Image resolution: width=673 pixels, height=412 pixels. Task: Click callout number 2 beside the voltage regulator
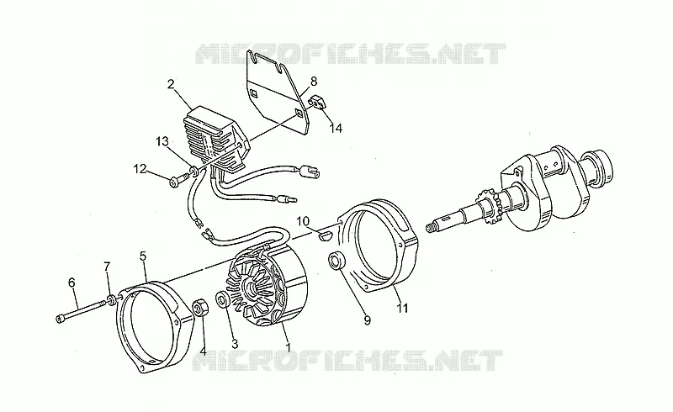(x=171, y=84)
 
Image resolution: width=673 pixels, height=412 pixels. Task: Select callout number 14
(x=336, y=128)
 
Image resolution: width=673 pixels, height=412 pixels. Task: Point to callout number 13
(x=162, y=141)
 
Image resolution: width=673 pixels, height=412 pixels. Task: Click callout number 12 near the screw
(x=140, y=169)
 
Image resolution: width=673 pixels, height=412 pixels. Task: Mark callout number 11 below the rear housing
(x=402, y=308)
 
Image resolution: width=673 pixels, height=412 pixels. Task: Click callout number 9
(x=367, y=320)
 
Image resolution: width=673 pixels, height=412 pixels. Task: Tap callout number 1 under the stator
(x=288, y=346)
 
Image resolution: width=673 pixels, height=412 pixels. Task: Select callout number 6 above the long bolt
(x=72, y=282)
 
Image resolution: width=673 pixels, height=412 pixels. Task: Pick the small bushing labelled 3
(x=223, y=299)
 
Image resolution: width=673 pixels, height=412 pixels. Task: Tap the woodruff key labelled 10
(x=326, y=235)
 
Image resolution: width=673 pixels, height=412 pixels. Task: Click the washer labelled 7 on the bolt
(x=112, y=299)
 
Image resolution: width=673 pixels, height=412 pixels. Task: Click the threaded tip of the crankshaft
(x=432, y=227)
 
